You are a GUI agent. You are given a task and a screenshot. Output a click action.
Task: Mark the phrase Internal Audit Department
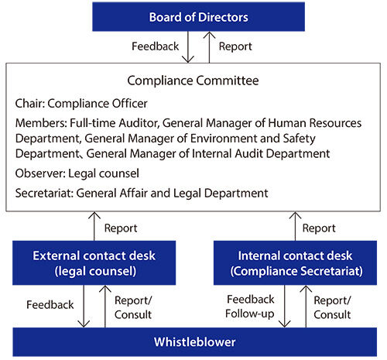coord(265,153)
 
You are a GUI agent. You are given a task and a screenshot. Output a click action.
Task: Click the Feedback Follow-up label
coord(249,307)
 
